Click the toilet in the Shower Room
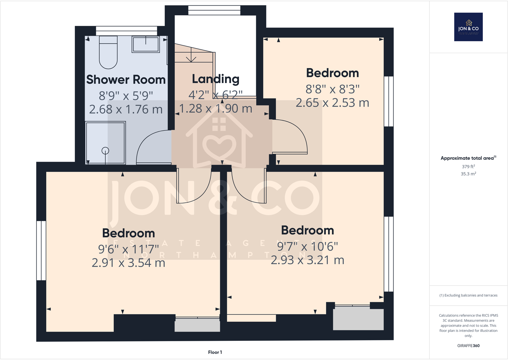(x=108, y=53)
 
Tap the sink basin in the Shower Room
(x=146, y=44)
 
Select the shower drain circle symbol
(x=105, y=150)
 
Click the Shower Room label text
(x=126, y=80)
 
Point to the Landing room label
(x=216, y=79)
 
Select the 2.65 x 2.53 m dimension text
(x=332, y=103)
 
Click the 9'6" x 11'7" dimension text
(x=128, y=249)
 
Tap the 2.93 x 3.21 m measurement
(x=307, y=260)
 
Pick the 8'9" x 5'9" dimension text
(x=126, y=96)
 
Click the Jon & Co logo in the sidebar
(x=468, y=27)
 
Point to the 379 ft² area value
(x=468, y=166)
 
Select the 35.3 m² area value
(x=468, y=174)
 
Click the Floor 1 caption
(x=215, y=352)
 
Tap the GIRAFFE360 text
(x=468, y=346)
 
